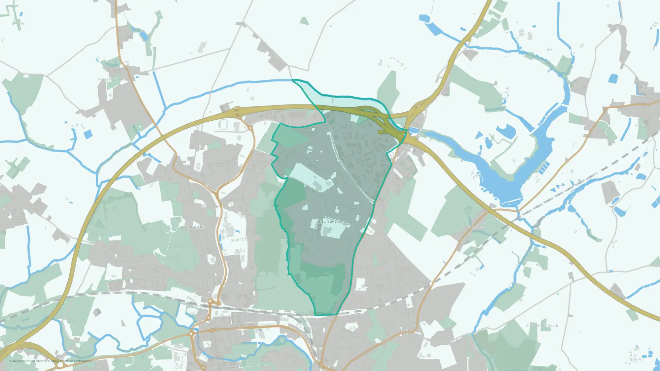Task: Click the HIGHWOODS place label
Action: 332,222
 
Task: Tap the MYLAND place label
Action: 197,227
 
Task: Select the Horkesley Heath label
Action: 113,79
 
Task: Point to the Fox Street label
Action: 477,227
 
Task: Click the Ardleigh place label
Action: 643,126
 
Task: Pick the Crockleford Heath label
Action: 542,325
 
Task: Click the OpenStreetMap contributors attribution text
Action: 71,361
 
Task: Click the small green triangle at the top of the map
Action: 304,21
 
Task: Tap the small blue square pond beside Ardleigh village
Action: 613,78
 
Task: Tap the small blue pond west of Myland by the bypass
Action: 88,134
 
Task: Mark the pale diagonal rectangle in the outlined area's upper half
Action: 310,176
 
